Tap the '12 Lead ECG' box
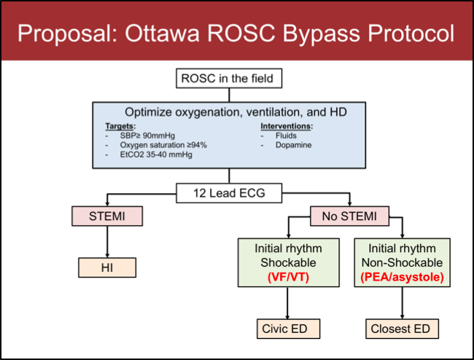229,193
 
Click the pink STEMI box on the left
106,216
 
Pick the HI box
106,268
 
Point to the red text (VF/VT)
290,277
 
